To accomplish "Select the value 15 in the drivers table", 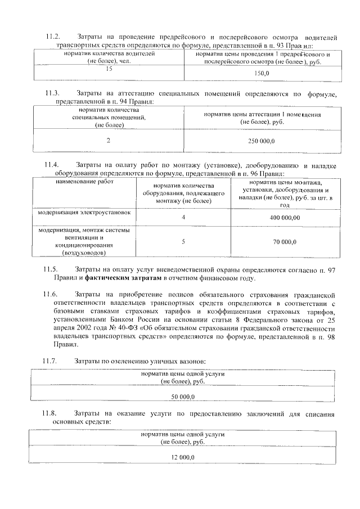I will (109, 69).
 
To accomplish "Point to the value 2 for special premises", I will (109, 140).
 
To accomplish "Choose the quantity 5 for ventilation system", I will (183, 241).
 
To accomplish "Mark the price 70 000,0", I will (285, 241).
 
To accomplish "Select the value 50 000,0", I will (183, 397).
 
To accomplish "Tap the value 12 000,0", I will (183, 458).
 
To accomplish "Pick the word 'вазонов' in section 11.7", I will (192, 360).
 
